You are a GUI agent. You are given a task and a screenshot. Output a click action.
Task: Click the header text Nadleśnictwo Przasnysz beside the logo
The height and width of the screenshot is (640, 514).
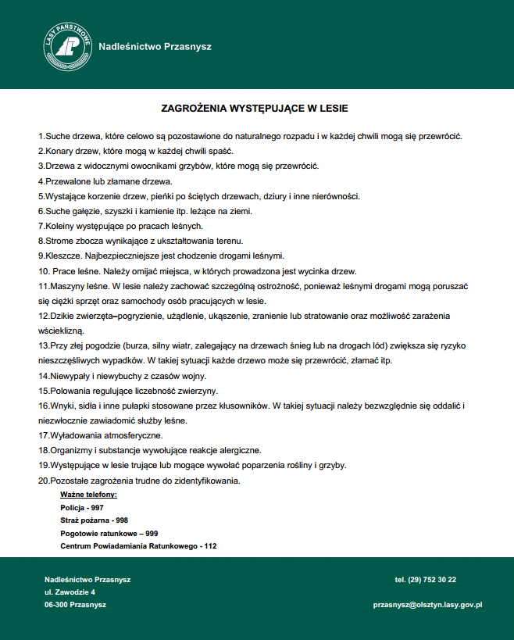155,46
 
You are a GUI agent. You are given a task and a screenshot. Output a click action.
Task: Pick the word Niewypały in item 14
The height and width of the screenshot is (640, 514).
70,376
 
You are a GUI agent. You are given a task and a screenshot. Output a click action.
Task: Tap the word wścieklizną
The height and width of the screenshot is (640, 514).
60,331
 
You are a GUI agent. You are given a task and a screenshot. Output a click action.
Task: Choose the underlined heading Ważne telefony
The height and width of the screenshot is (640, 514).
88,495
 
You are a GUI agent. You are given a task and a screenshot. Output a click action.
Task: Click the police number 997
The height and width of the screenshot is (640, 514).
97,507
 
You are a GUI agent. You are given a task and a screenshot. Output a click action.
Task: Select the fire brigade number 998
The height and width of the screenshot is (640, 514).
122,520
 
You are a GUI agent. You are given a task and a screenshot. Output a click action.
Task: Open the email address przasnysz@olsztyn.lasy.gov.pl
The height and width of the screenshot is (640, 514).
428,605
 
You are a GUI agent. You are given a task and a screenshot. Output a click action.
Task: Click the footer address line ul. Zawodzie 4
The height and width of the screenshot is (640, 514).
70,592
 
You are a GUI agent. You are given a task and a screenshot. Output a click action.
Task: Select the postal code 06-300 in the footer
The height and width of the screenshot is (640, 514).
56,605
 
